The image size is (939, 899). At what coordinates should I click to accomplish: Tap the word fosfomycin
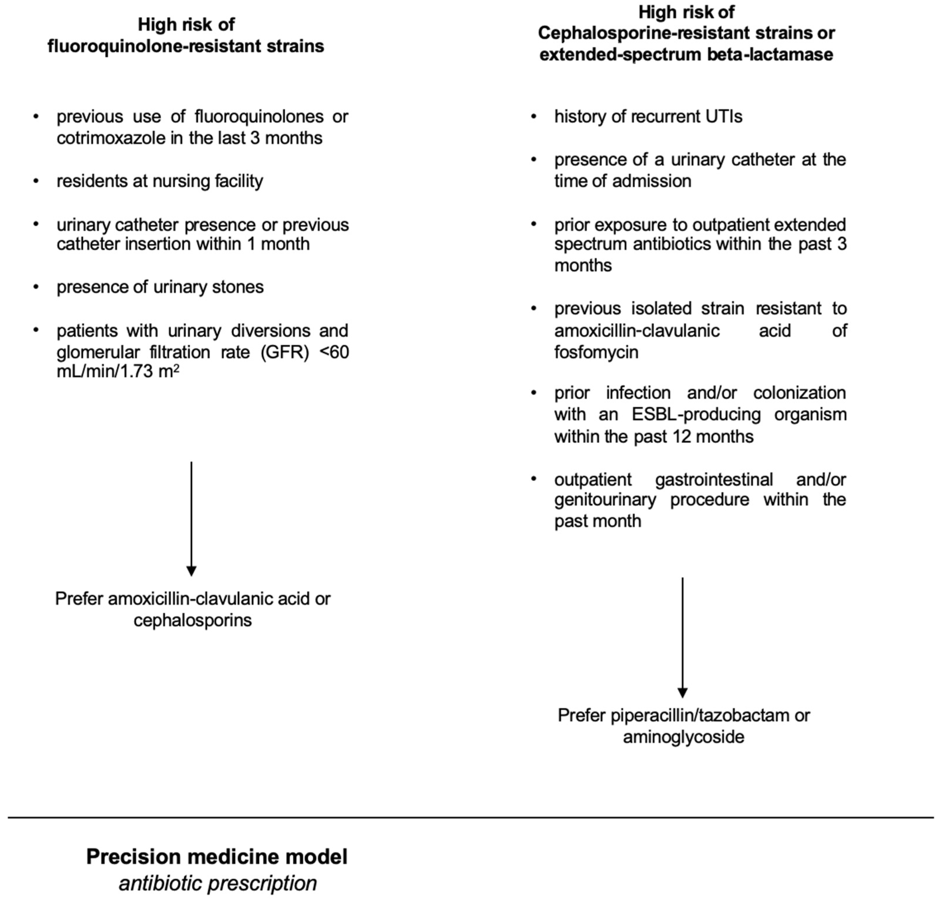[596, 352]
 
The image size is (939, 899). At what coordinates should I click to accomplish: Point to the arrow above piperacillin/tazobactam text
[682, 637]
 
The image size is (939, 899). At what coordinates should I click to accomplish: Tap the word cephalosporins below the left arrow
[193, 620]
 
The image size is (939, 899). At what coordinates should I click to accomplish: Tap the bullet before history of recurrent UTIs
[534, 116]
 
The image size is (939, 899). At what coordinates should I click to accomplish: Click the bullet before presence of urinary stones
[36, 287]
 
